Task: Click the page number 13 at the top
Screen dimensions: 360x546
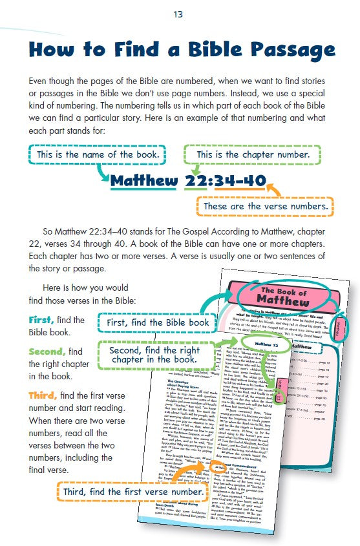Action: tap(179, 14)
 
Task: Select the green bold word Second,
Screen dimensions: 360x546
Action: tap(47, 352)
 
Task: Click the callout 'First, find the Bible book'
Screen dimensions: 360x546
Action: tap(154, 322)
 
